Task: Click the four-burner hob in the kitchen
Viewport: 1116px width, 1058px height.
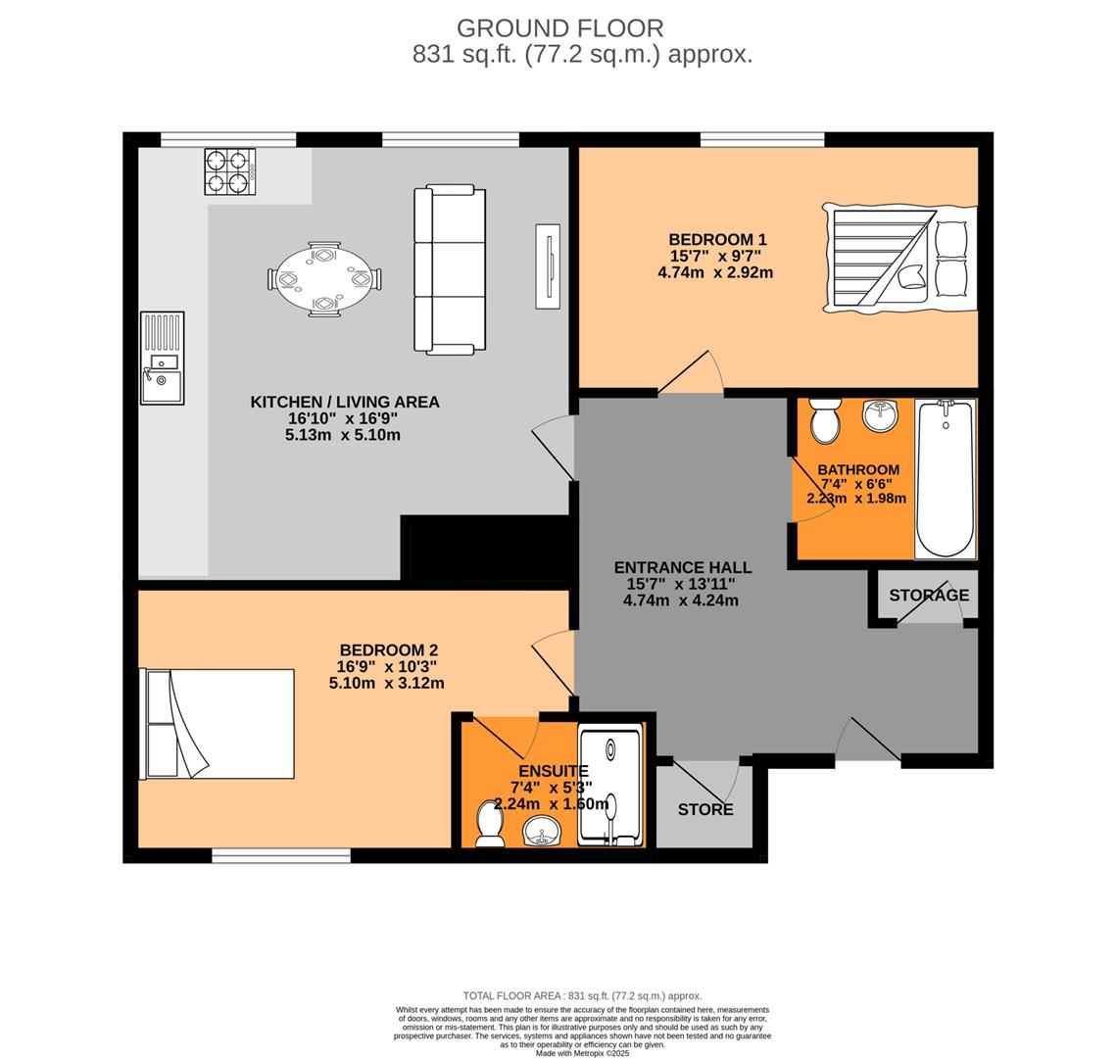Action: coord(229,171)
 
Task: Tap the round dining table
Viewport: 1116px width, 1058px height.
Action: coord(324,279)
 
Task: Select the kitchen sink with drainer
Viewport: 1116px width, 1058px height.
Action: coord(162,358)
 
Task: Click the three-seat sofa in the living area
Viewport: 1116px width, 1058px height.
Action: coord(450,269)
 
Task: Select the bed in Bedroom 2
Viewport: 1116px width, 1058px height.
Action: coord(218,724)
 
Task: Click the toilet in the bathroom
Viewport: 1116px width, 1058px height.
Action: coord(825,420)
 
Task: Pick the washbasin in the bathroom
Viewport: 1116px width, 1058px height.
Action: coord(880,414)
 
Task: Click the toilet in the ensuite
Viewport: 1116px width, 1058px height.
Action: coord(488,823)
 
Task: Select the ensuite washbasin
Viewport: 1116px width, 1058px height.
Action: coord(541,833)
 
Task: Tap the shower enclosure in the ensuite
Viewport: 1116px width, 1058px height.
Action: coord(609,786)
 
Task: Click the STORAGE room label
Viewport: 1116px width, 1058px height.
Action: coord(929,595)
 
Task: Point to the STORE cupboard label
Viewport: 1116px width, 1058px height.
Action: coord(705,809)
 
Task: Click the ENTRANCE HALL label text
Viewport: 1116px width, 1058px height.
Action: coord(682,567)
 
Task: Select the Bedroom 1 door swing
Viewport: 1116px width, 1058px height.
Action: coord(692,375)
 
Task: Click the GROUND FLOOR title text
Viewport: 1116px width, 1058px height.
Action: coord(559,28)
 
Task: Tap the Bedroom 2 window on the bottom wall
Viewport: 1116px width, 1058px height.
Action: coord(281,856)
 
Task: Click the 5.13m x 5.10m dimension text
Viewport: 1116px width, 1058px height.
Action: coord(343,435)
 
